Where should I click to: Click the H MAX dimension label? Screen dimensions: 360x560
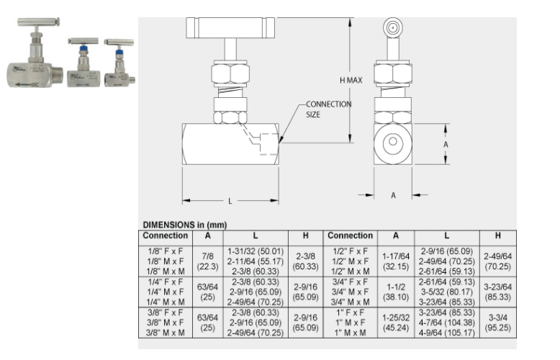pos(351,81)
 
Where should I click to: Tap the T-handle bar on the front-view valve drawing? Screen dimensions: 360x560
pos(230,29)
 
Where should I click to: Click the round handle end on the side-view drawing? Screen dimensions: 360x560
pos(393,28)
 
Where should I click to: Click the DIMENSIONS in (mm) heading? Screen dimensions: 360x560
pos(183,225)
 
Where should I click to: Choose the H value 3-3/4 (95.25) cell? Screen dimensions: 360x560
pos(497,323)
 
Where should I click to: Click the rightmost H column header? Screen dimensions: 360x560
pos(497,236)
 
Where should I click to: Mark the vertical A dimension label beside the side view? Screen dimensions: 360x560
pos(446,143)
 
